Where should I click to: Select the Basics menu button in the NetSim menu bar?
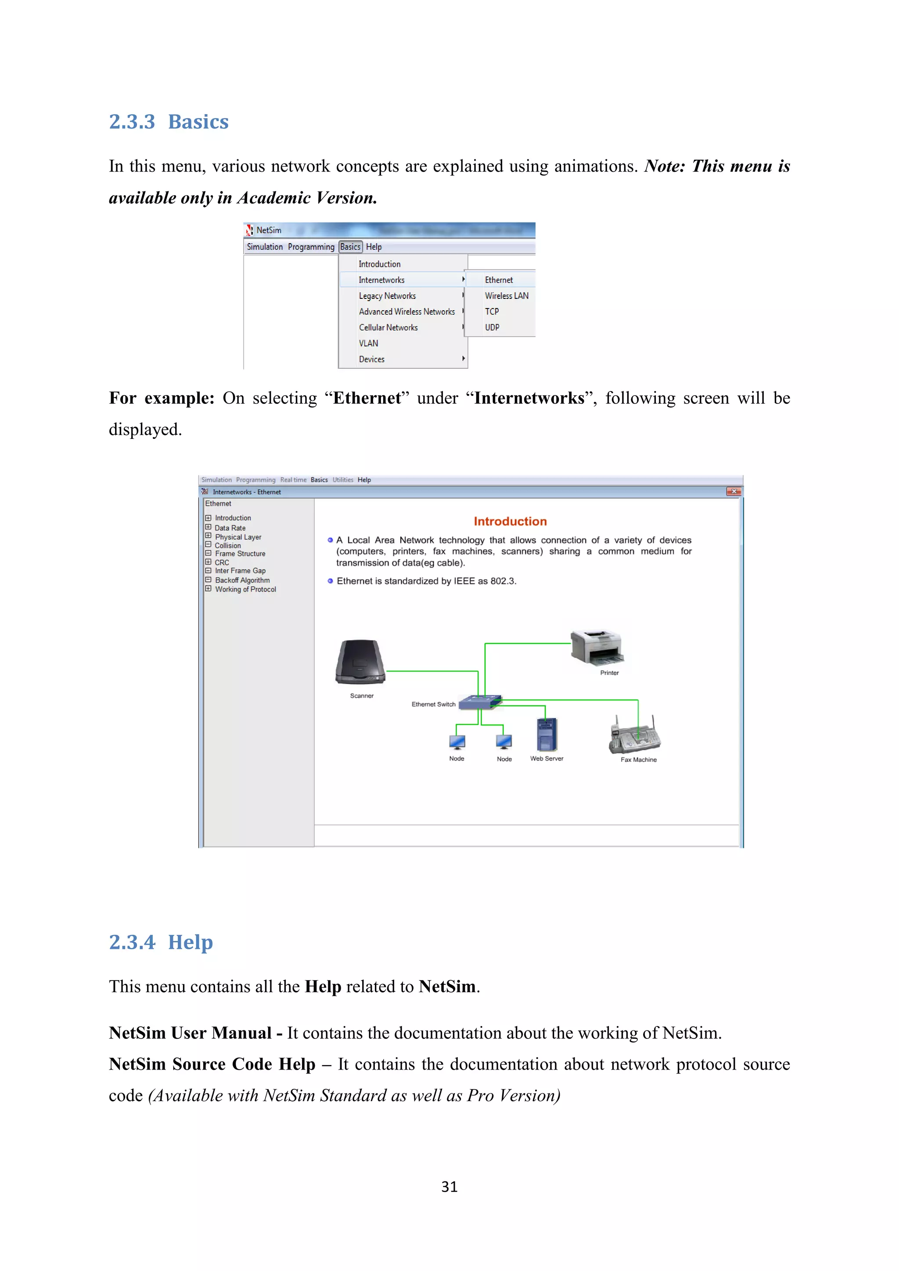coord(350,247)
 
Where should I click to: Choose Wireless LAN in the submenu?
coord(506,296)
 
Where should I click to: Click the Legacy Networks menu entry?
coord(387,296)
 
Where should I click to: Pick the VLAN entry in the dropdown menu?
coord(368,344)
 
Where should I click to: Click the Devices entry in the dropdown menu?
coord(371,359)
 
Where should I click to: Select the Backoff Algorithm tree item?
coord(242,580)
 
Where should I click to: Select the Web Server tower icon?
coord(547,734)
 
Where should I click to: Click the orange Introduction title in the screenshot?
coord(510,521)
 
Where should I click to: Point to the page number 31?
coord(449,1187)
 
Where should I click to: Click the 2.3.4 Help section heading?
coord(161,942)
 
